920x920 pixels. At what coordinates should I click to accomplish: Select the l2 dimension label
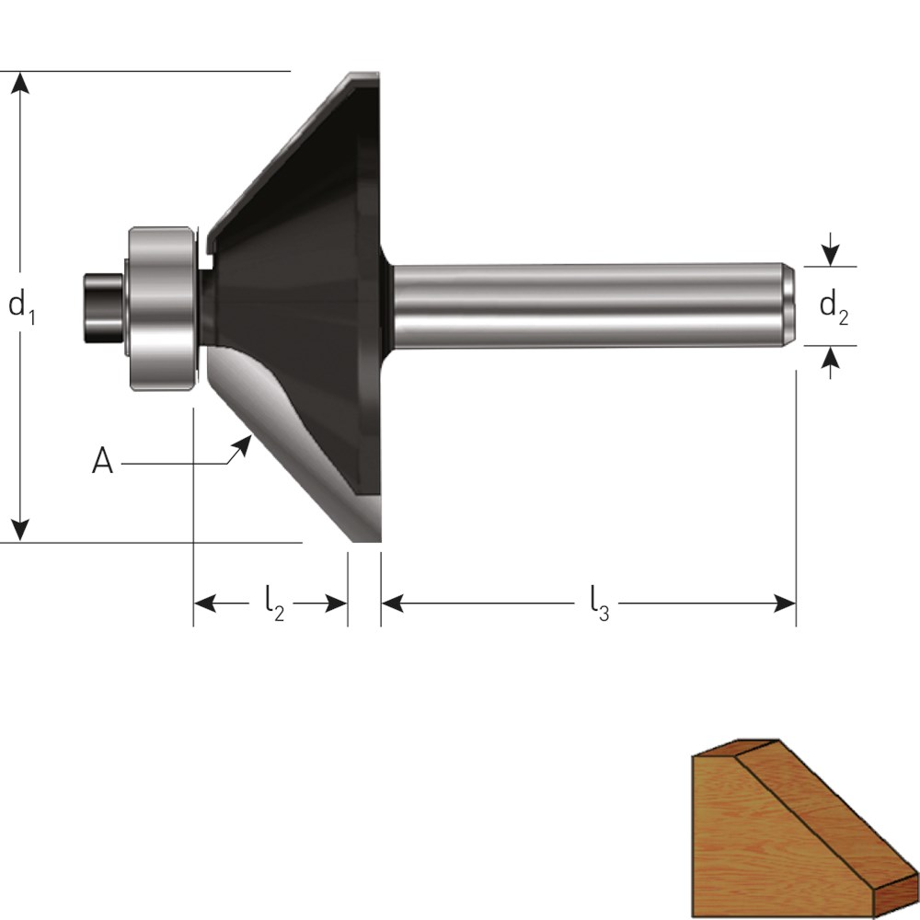pos(274,604)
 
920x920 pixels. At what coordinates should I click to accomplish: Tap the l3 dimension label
pos(599,604)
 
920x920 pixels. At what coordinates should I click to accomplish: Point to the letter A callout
pos(102,460)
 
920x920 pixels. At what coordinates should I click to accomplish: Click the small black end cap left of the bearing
pos(103,308)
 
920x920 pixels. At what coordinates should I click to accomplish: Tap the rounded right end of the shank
pos(788,305)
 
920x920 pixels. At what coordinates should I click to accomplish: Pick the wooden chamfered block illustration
pos(805,827)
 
